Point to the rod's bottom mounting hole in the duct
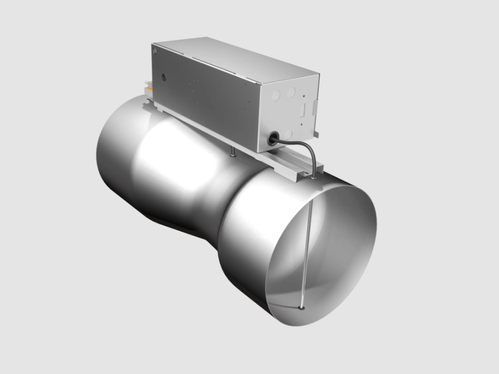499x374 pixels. coord(303,308)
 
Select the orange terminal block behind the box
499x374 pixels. coord(148,90)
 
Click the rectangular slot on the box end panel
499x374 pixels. coord(303,108)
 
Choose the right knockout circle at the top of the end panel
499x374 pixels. coord(291,91)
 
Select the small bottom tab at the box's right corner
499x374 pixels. coord(317,132)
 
